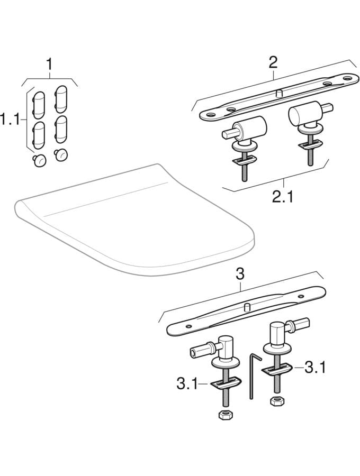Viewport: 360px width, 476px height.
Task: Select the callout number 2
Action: click(273, 62)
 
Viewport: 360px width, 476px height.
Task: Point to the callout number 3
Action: click(240, 274)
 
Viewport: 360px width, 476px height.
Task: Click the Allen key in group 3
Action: click(253, 377)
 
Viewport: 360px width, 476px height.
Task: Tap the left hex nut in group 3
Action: click(223, 415)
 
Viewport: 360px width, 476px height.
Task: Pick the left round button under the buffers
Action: click(39, 160)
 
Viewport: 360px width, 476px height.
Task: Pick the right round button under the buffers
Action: click(61, 154)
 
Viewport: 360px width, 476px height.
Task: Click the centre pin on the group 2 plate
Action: click(277, 93)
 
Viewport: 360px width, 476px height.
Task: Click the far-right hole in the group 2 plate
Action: click(347, 78)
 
